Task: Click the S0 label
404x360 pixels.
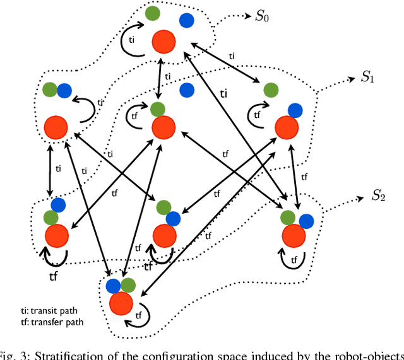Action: pos(261,16)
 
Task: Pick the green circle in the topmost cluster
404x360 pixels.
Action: pos(153,13)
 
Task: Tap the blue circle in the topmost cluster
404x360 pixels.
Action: pos(186,21)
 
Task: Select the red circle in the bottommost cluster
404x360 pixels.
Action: pos(121,304)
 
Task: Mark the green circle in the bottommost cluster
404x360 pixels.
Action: pos(128,285)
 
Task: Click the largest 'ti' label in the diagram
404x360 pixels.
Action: pos(223,93)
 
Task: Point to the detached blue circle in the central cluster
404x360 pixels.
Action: pos(186,90)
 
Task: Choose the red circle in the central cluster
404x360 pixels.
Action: pos(163,127)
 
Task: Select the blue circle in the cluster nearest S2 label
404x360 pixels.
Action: pos(307,220)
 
